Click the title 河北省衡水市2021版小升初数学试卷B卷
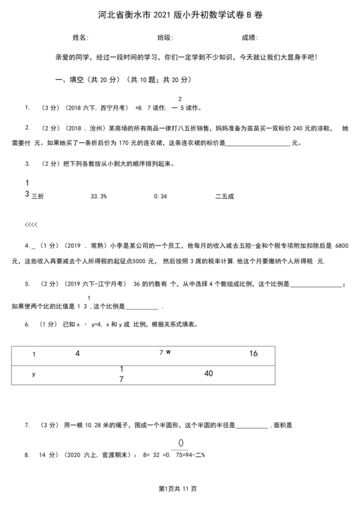(x=179, y=14)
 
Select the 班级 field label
(x=165, y=37)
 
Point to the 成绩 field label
(x=249, y=37)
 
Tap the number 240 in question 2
(x=282, y=129)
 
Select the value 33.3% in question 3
(x=99, y=196)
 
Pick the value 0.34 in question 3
(x=160, y=196)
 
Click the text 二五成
(x=225, y=196)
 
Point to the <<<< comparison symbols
(x=31, y=224)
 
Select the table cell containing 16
(x=253, y=353)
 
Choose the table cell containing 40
(x=208, y=373)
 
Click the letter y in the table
(x=33, y=374)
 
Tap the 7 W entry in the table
(x=165, y=353)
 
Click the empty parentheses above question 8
(x=181, y=442)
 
